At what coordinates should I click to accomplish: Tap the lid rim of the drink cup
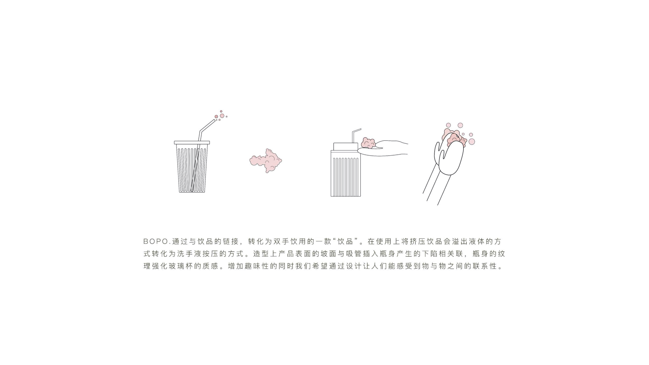[x=192, y=143]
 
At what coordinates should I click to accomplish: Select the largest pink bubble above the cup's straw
[x=222, y=116]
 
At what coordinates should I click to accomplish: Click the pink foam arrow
[x=266, y=160]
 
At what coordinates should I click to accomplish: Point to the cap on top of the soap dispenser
[x=345, y=146]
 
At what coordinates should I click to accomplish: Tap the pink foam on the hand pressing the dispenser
[x=368, y=143]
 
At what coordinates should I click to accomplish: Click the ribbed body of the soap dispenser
[x=345, y=176]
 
